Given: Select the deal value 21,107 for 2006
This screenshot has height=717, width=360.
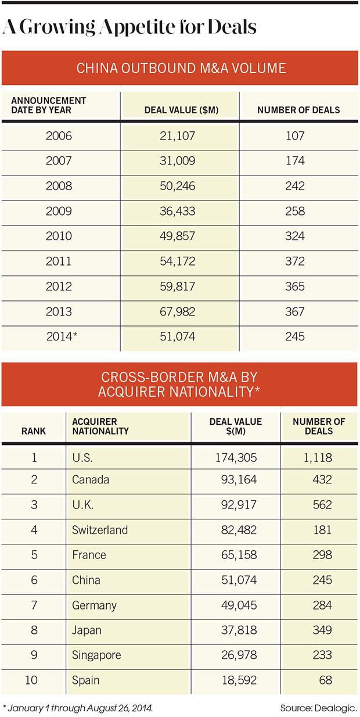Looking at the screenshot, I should (x=180, y=137).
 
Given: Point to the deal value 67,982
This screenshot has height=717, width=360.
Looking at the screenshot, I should (x=180, y=312).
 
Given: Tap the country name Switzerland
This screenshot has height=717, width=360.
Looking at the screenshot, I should (x=100, y=529).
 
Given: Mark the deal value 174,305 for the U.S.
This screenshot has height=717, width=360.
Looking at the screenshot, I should (x=236, y=457).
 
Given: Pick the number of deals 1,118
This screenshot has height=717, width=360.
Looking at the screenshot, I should (x=313, y=457).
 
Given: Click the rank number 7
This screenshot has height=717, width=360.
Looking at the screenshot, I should (x=34, y=605).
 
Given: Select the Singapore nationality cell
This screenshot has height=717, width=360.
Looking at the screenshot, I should (x=97, y=655).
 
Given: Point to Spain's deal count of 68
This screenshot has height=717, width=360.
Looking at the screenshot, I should (x=325, y=680).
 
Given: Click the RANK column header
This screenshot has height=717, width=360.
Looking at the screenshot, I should (x=34, y=431).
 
